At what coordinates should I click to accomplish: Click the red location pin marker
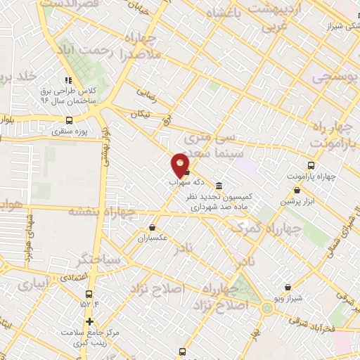click(180, 165)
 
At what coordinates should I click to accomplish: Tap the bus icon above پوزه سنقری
click(68, 119)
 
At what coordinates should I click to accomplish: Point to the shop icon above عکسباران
click(153, 227)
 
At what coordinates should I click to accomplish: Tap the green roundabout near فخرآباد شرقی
click(267, 307)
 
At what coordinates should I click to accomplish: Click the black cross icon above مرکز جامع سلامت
click(89, 322)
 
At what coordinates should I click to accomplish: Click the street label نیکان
click(140, 113)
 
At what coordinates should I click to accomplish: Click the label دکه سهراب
click(181, 181)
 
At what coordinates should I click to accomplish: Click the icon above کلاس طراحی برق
click(68, 80)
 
